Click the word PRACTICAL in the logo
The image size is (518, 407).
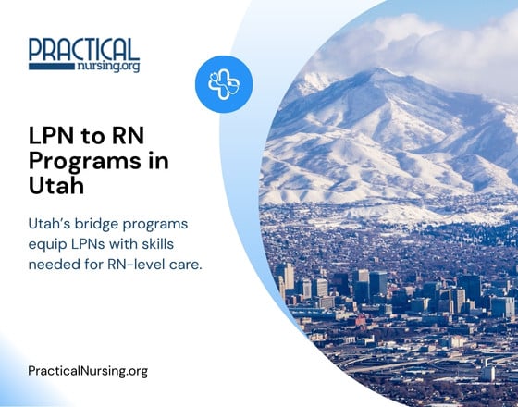click(x=84, y=49)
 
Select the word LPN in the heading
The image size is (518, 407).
click(x=53, y=137)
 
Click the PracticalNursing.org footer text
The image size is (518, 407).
click(x=89, y=371)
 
